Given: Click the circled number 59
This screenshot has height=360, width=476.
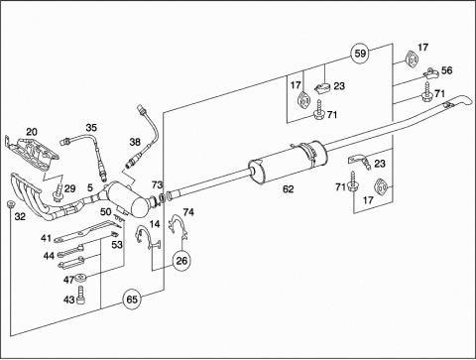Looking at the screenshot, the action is (360, 54).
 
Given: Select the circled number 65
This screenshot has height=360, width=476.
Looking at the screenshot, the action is (132, 300).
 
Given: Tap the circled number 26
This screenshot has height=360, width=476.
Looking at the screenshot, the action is (181, 261).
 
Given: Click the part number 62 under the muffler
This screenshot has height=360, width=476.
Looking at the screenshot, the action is (289, 189).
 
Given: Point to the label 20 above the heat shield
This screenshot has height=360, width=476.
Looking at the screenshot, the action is (32, 132).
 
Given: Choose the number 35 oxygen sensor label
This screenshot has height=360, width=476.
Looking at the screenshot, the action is (91, 127).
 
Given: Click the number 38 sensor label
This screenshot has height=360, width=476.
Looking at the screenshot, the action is (135, 142).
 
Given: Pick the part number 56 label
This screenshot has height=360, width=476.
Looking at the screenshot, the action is (446, 70).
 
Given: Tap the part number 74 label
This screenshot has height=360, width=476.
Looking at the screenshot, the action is (188, 212).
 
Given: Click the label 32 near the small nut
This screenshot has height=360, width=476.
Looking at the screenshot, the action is (20, 216).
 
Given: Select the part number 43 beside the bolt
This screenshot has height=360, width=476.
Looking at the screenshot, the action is (69, 300).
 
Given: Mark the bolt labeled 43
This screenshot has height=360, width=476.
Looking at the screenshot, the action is (81, 295).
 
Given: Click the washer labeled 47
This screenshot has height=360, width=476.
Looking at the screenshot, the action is (80, 278).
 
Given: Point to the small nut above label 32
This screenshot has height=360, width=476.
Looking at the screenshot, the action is (10, 204).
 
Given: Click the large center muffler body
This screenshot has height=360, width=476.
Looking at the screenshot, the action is (288, 162).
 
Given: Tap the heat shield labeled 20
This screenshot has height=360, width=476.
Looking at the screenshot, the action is (32, 153).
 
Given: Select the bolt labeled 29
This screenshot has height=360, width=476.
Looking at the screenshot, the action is (58, 193).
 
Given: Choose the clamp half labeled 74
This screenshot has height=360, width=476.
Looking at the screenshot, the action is (178, 224).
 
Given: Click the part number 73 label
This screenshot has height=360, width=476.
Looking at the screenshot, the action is (158, 184).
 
